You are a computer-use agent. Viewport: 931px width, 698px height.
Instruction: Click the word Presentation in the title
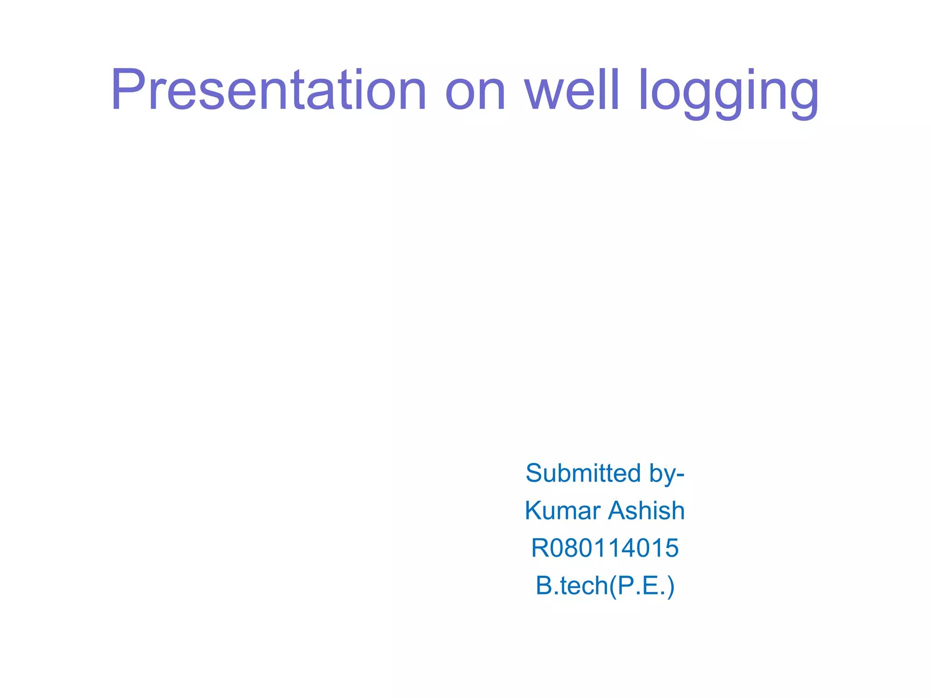[x=268, y=90]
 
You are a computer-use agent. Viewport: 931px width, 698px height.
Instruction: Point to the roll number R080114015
[x=605, y=548]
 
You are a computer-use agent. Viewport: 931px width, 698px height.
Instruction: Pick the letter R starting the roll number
[x=541, y=548]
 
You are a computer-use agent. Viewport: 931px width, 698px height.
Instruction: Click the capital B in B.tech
[x=544, y=585]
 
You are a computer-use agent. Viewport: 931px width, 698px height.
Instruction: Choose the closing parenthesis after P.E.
[x=671, y=586]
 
